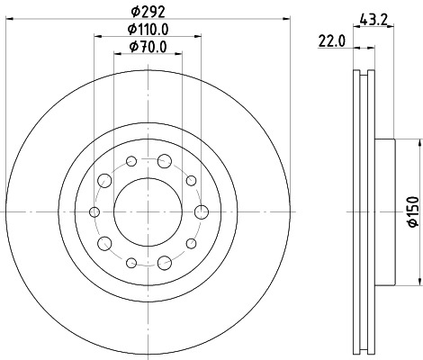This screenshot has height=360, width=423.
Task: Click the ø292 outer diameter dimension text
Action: (x=148, y=13)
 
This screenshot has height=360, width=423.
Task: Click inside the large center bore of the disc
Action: (x=148, y=211)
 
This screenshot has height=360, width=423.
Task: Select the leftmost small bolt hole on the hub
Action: (x=94, y=211)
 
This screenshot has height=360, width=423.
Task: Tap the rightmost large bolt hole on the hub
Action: (x=202, y=211)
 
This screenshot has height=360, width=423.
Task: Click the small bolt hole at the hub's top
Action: (x=131, y=161)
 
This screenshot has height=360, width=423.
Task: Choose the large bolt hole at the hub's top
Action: (x=165, y=161)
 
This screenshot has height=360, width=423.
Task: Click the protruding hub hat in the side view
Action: (x=385, y=211)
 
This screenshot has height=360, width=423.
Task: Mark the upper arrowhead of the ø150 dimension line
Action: (x=419, y=142)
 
